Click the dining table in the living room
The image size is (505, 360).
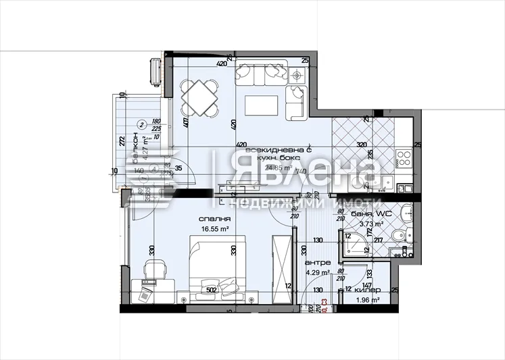tap(199, 99)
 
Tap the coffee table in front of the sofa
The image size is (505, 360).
tap(261, 105)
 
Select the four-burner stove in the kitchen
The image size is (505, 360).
tap(404, 158)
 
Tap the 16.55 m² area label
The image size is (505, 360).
tap(216, 230)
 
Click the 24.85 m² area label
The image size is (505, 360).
tap(278, 168)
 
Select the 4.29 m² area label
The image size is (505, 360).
tap(317, 273)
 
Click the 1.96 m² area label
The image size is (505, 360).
tap(366, 301)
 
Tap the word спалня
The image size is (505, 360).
tap(216, 220)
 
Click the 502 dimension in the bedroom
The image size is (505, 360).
tap(212, 291)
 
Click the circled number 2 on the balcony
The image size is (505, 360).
tap(141, 124)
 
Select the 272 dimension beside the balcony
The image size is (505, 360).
tap(122, 142)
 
